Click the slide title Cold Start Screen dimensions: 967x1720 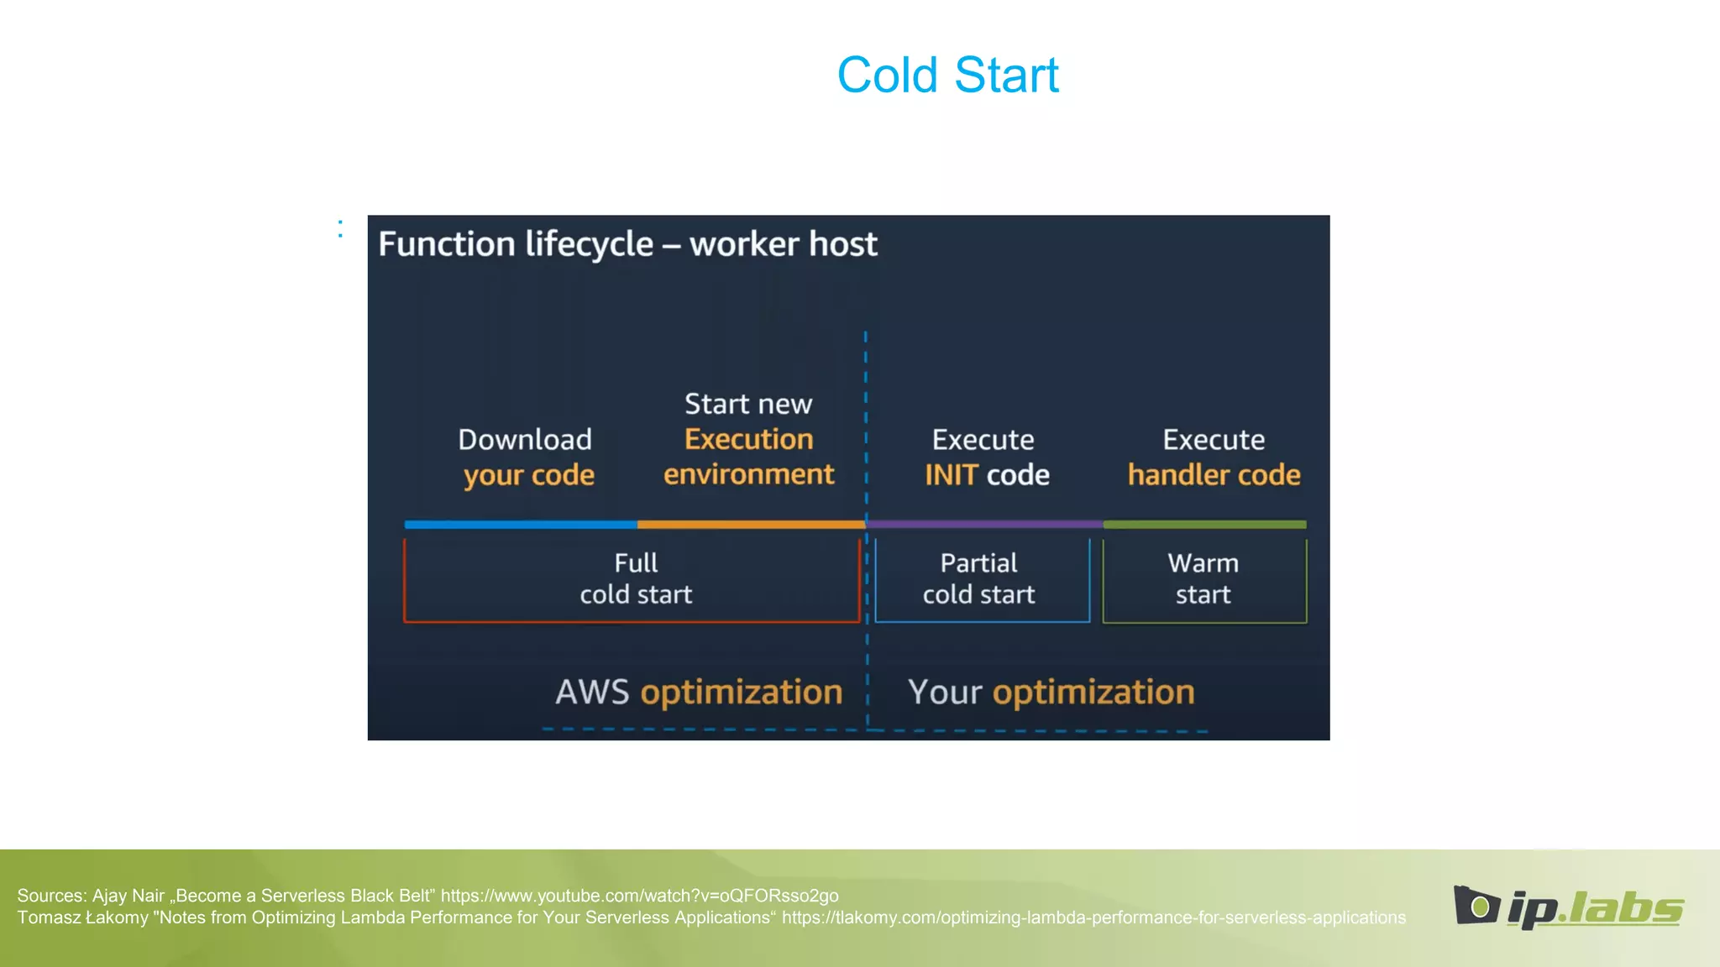pos(947,76)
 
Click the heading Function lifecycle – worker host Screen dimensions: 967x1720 pos(627,244)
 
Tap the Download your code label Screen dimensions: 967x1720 pos(527,457)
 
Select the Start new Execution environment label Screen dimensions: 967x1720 pos(748,439)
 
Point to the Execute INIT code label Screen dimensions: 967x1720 pos(986,457)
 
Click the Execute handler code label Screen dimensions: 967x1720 pos(1214,457)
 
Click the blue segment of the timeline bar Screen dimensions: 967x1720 pos(521,525)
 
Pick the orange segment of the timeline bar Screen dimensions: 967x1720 pos(751,525)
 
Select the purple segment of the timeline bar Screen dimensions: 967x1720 pos(984,525)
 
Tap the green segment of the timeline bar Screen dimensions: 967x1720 pos(1204,525)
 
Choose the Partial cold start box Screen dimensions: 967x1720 pos(981,579)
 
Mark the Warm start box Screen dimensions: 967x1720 pos(1203,579)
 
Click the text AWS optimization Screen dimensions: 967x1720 pos(699,693)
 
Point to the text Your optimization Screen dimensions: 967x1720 pos(1051,693)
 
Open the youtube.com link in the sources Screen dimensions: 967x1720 pos(639,896)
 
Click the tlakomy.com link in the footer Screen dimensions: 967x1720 pos(1093,917)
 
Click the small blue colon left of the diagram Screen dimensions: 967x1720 pos(340,228)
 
